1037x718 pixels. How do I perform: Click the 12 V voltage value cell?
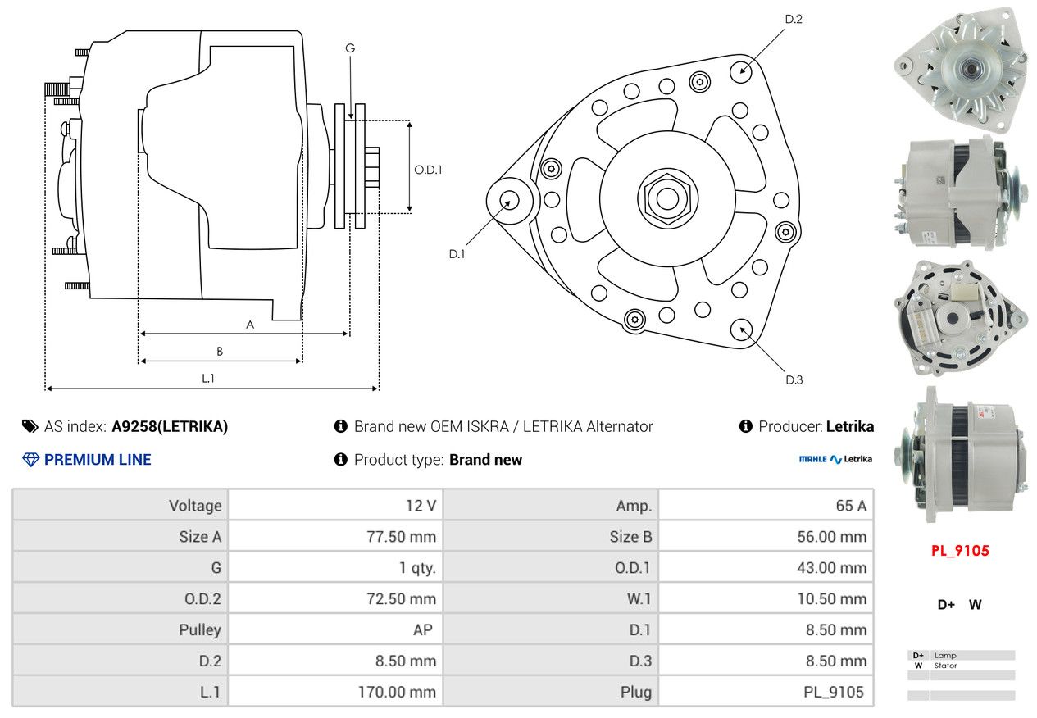click(x=421, y=506)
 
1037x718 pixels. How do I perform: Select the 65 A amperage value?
click(x=850, y=506)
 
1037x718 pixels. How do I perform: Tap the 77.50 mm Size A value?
click(x=401, y=537)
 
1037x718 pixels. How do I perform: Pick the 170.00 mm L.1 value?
click(x=397, y=692)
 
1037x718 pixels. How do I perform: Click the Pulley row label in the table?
click(x=200, y=629)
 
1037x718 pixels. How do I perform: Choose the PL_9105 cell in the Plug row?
click(x=834, y=692)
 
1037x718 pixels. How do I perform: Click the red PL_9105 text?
click(x=959, y=551)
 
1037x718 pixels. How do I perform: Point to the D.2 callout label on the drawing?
click(x=793, y=19)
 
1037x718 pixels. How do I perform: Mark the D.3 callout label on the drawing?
click(x=794, y=379)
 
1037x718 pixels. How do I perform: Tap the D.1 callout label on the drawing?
click(x=457, y=254)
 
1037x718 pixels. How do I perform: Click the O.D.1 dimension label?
click(x=428, y=170)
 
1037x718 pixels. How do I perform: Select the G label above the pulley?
click(x=350, y=48)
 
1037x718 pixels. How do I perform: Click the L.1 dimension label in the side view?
click(x=208, y=378)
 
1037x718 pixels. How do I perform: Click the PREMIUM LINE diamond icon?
click(x=30, y=460)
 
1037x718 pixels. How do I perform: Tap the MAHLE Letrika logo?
click(x=835, y=460)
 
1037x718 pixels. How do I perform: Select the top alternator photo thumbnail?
click(x=960, y=69)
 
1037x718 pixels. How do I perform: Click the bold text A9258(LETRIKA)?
click(x=170, y=426)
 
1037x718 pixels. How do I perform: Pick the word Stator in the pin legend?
click(x=945, y=666)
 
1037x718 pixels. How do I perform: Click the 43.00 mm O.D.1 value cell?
click(x=830, y=568)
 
